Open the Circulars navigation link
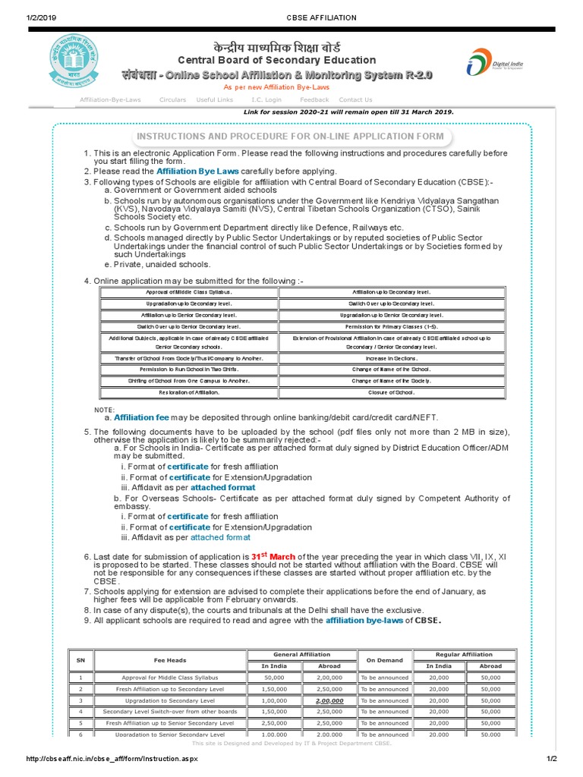[172, 99]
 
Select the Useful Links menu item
[215, 99]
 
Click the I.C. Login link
[266, 99]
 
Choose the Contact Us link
[355, 99]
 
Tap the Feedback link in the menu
[314, 99]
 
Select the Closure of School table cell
[392, 392]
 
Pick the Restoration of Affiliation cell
[188, 392]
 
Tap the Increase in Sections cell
[392, 357]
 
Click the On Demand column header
[386, 660]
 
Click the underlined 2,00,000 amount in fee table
[329, 700]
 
